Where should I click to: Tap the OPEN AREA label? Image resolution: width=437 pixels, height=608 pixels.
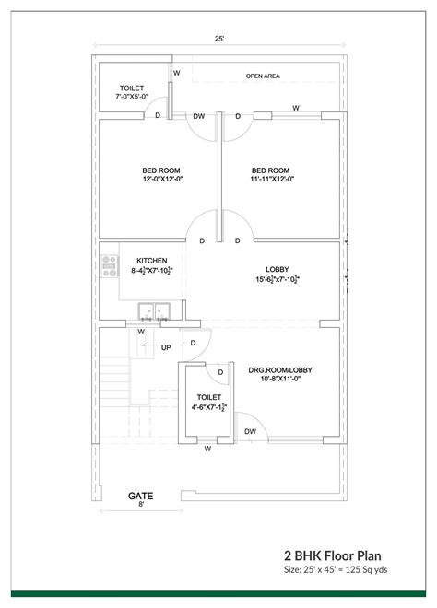[x=263, y=76]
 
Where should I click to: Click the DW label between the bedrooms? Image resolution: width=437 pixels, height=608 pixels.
[x=198, y=116]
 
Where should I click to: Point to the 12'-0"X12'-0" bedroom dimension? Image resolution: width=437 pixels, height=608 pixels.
[x=161, y=180]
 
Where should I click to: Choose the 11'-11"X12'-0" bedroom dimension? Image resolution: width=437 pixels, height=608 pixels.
[x=271, y=180]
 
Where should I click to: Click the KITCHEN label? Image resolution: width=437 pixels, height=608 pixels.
[x=151, y=261]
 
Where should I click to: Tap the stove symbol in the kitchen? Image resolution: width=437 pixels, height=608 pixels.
[x=108, y=267]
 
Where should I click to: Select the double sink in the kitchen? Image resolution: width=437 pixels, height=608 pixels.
[x=152, y=310]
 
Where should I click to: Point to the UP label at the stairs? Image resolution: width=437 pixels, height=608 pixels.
[x=166, y=347]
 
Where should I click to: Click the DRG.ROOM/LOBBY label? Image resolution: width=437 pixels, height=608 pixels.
[x=280, y=370]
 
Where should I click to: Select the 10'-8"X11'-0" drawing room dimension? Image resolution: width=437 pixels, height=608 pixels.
[x=280, y=380]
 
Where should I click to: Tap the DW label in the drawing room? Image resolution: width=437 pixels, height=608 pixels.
[x=250, y=431]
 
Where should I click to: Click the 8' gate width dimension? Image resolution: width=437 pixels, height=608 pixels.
[x=140, y=505]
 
